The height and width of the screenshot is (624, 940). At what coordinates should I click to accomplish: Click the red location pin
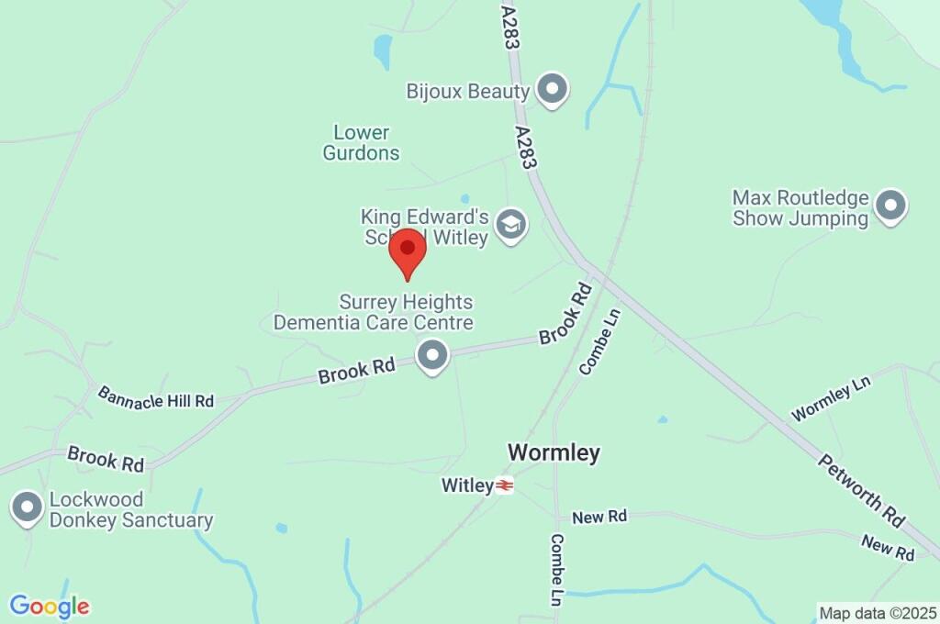pos(408,250)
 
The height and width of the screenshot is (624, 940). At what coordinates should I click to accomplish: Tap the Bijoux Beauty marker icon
pos(552,90)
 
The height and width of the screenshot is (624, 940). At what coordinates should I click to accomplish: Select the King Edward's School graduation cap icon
pos(510,224)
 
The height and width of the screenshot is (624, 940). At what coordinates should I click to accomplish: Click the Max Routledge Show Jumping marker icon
pos(890,206)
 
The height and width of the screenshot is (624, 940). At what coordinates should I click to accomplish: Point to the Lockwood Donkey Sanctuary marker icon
pos(27,507)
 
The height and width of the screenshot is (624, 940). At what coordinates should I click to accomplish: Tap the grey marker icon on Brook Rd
pos(431,355)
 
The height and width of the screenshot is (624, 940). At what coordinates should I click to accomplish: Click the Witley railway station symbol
pos(504,485)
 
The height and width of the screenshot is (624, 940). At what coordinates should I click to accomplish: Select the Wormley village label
pos(554,452)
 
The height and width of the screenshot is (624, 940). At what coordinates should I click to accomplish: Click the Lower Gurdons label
pos(361,143)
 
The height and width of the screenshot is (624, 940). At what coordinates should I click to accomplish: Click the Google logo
pos(50,607)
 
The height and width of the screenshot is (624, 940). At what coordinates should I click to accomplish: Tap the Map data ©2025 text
pos(877,612)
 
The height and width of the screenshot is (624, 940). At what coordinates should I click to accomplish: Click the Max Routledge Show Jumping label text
pos(800,208)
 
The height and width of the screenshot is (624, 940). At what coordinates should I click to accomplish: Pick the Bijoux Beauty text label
pos(468,91)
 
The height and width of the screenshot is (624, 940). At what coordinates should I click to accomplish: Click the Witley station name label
pos(467,485)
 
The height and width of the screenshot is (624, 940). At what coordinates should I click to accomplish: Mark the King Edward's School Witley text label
pos(424,226)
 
